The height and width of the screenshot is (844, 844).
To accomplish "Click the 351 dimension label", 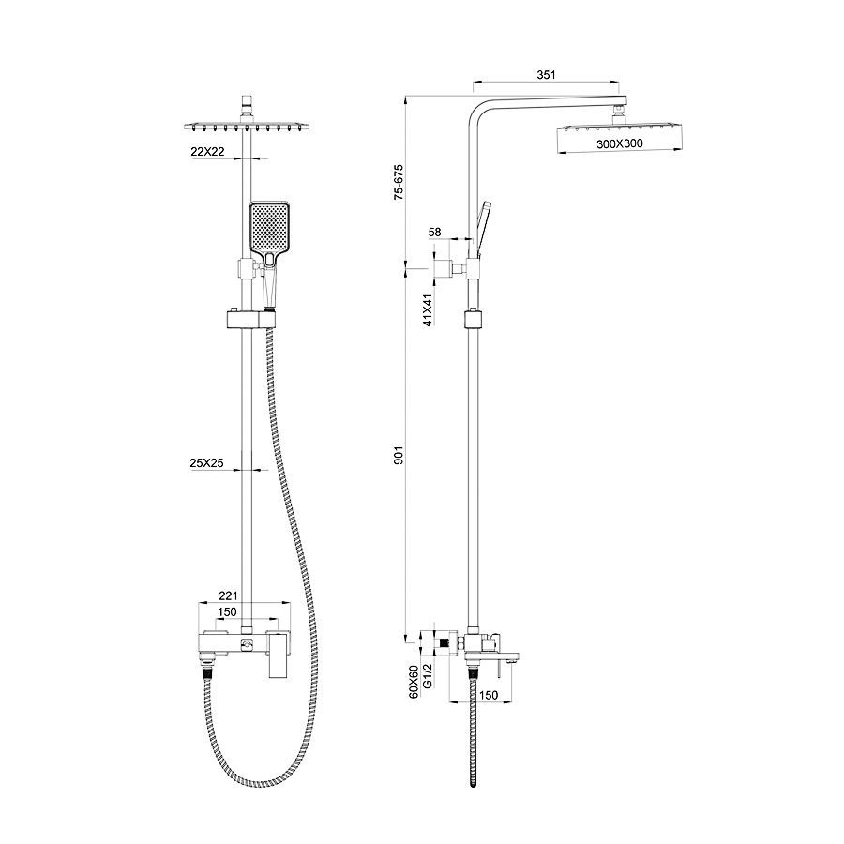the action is pos(545,75).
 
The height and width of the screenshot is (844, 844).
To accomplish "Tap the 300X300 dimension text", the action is pos(620,143).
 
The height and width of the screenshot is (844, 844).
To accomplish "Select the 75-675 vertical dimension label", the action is pos(399,182).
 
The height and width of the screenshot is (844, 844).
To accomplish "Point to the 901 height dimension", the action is pos(399,455).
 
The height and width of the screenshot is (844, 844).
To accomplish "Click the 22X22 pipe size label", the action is pos(207,152).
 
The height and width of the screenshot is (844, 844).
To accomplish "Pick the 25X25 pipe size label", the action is pos(206,462).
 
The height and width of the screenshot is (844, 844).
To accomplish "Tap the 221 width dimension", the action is pos(228,595).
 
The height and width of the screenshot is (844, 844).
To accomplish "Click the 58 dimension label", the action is pos(434,232).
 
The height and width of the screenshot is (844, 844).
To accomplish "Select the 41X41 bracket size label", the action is pos(428,310).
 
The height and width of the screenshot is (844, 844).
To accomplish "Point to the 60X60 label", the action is pos(414,682).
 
